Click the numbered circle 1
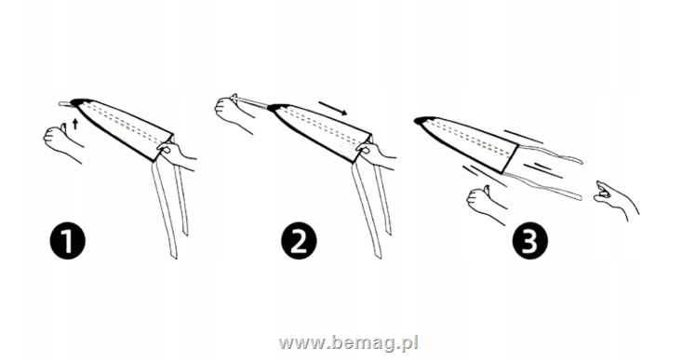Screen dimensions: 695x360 (x=67, y=242)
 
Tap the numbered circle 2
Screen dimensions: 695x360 (x=299, y=242)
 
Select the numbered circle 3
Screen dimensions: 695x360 (x=530, y=242)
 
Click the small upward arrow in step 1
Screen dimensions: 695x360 (x=75, y=124)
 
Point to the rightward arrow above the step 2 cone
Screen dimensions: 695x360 (x=332, y=109)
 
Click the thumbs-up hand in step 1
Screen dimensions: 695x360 (x=62, y=142)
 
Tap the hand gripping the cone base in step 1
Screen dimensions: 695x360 (x=177, y=155)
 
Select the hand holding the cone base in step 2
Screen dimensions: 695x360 (x=376, y=155)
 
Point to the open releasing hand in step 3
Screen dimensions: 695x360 (x=615, y=199)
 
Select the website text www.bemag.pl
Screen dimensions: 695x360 (x=348, y=343)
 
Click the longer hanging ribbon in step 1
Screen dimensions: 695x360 (x=165, y=209)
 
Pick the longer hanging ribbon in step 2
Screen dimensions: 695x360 (x=367, y=209)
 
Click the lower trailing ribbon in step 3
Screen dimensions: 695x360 (x=541, y=185)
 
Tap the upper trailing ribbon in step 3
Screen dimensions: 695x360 (x=551, y=153)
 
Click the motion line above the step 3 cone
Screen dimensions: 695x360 (x=523, y=137)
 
